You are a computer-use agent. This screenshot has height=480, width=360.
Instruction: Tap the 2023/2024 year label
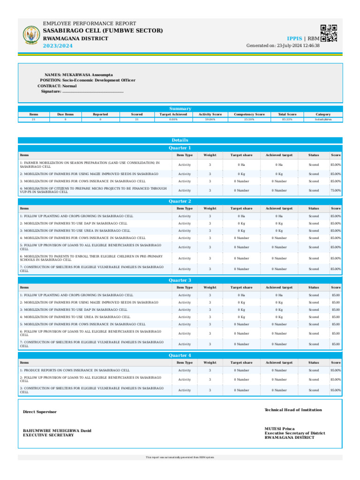pyautogui.click(x=58, y=45)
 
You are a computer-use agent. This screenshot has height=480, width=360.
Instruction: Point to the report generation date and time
pyautogui.click(x=283, y=45)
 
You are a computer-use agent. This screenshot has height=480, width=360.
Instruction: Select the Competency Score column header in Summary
pyautogui.click(x=249, y=114)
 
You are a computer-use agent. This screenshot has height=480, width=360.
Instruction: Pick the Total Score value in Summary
pyautogui.click(x=287, y=120)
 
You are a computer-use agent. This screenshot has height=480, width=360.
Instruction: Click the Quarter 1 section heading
pyautogui.click(x=180, y=148)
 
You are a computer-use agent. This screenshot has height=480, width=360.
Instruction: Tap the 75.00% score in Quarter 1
pyautogui.click(x=336, y=190)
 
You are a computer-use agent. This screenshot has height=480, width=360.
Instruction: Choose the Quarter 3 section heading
pyautogui.click(x=180, y=280)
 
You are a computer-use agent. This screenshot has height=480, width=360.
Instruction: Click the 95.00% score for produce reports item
pyautogui.click(x=336, y=370)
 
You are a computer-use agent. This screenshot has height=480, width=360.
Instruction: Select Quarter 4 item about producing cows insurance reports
pyautogui.click(x=75, y=370)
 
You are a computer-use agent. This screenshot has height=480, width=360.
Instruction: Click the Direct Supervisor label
pyautogui.click(x=40, y=412)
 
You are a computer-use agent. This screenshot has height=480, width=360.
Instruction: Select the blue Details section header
pyautogui.click(x=180, y=140)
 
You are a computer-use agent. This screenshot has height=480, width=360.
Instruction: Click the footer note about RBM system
pyautogui.click(x=180, y=457)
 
